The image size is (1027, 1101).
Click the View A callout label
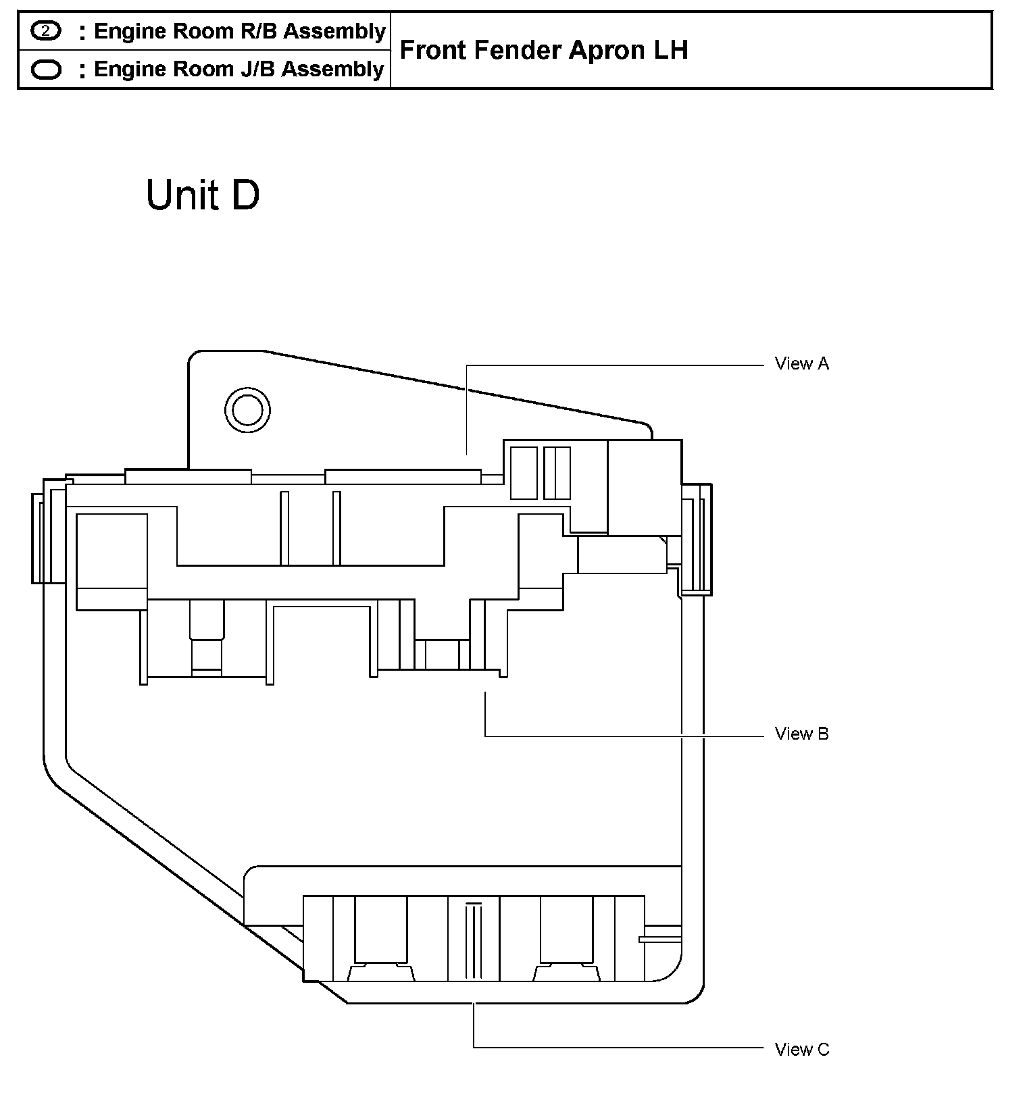coord(802,364)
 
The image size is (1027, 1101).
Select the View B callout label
coord(802,734)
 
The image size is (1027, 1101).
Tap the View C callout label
coord(802,1050)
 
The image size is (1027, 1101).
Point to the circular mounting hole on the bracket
coord(247,410)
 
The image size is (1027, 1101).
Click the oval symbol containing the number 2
coord(46,31)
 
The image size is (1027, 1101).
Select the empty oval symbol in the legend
coord(46,70)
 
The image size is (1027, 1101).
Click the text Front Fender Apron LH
coord(544,50)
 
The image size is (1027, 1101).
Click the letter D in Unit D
coord(245,195)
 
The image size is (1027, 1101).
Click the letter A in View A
coord(823,364)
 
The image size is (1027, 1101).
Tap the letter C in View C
coord(823,1050)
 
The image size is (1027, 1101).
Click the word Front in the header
coord(434,50)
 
